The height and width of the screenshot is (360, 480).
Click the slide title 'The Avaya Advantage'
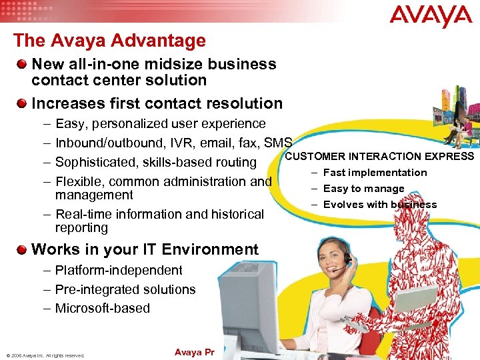109,41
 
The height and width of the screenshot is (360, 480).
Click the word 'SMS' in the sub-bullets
278,143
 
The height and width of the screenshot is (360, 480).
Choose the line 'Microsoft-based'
103,308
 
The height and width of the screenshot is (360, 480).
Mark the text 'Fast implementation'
375,173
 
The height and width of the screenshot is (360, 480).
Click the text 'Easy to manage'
364,189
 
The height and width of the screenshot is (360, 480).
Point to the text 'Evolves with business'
380,205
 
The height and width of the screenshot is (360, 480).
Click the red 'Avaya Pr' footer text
193,352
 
